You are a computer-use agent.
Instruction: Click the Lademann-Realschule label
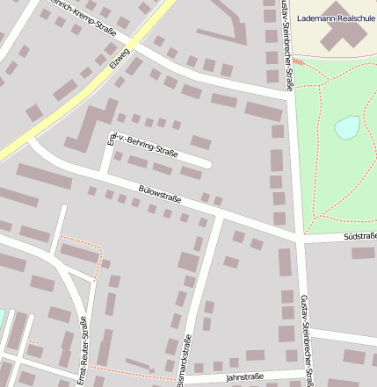click(337, 18)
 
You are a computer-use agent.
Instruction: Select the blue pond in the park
click(347, 128)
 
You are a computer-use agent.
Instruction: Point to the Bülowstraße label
click(160, 193)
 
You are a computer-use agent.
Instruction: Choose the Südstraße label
click(359, 236)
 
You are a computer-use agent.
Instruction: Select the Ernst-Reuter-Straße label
click(82, 351)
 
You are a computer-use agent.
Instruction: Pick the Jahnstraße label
click(244, 377)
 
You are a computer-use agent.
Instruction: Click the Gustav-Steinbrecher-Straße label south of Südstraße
click(307, 338)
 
